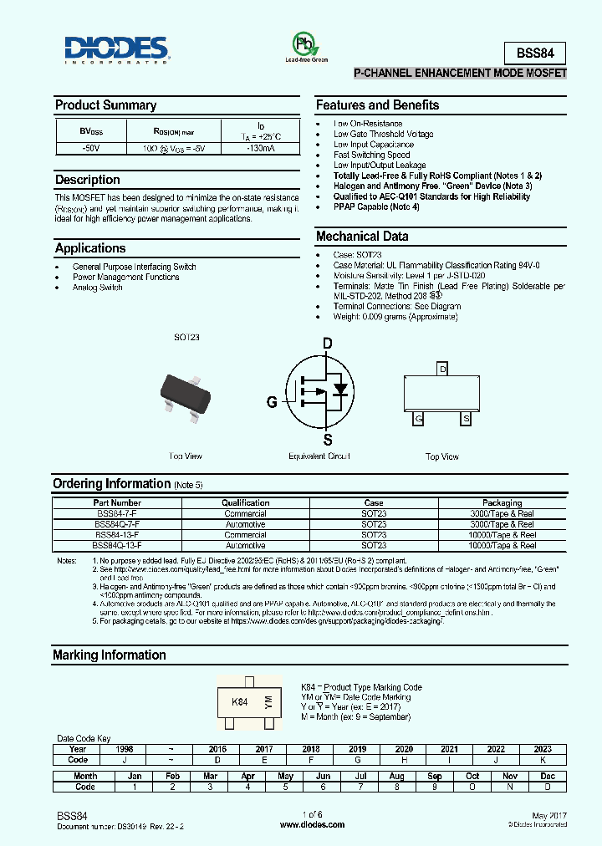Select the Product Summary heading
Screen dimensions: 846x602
point(105,105)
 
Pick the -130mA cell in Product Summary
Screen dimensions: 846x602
point(260,149)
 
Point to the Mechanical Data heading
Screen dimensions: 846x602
point(361,237)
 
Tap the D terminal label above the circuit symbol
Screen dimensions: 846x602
point(327,343)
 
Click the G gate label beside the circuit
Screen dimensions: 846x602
point(272,402)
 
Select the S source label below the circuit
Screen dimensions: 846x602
point(328,441)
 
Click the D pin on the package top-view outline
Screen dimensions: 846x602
point(442,369)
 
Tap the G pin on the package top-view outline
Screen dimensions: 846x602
point(418,418)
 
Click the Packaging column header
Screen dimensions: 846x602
point(502,503)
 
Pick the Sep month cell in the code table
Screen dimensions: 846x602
point(435,777)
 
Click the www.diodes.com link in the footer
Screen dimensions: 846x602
point(312,824)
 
